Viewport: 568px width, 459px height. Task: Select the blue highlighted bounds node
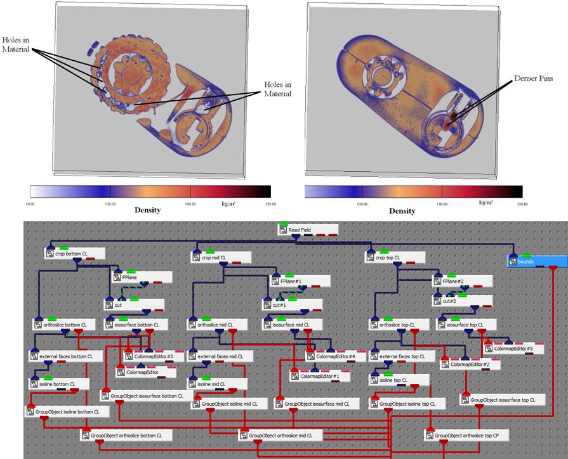536,261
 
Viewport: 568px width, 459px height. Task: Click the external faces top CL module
406,357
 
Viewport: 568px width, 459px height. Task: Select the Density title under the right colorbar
402,210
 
